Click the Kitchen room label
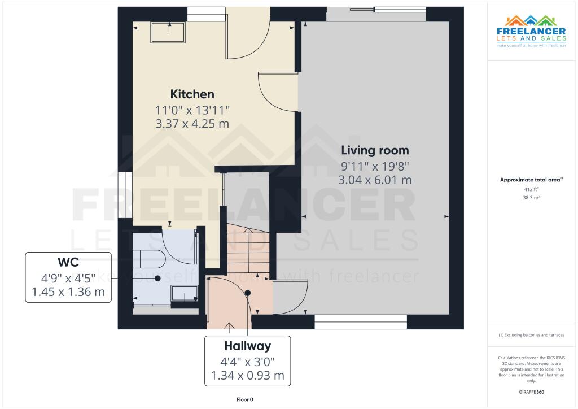[x=192, y=94]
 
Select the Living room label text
[x=375, y=150]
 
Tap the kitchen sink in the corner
[x=168, y=33]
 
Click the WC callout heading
[x=68, y=263]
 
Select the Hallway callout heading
[x=247, y=346]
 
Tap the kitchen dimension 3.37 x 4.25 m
[x=192, y=123]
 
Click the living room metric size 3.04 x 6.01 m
[x=375, y=180]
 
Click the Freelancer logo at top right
[x=531, y=34]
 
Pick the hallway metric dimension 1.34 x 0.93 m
[x=247, y=375]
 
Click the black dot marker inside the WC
[x=158, y=279]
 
